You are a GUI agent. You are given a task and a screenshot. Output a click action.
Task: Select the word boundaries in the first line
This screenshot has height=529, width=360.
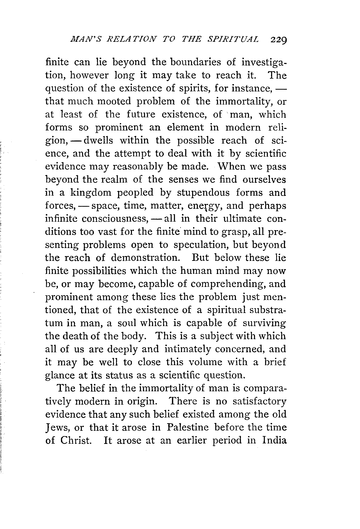[195, 62]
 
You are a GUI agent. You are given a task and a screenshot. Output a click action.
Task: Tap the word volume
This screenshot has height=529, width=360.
[205, 362]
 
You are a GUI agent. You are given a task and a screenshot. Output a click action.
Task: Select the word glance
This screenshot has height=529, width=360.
[59, 375]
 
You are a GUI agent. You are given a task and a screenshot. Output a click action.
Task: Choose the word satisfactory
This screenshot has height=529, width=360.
[259, 401]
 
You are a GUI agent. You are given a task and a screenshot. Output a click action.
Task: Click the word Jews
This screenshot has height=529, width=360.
[56, 428]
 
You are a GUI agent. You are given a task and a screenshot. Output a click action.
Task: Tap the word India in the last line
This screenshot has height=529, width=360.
[274, 440]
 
